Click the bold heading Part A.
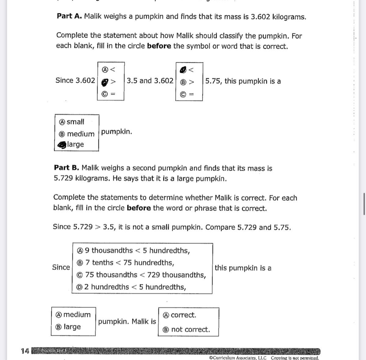(69, 16)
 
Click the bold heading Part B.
(66, 168)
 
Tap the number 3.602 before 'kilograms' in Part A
(260, 17)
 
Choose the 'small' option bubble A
(62, 122)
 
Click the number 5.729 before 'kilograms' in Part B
(63, 178)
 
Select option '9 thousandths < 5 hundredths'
(80, 251)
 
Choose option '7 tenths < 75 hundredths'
(80, 263)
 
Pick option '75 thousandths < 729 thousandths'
(80, 275)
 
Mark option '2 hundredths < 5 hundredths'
(80, 287)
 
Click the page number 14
(25, 351)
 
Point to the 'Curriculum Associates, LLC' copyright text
(238, 358)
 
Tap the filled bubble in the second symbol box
(183, 70)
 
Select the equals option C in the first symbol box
(105, 94)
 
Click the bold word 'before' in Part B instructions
(139, 208)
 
